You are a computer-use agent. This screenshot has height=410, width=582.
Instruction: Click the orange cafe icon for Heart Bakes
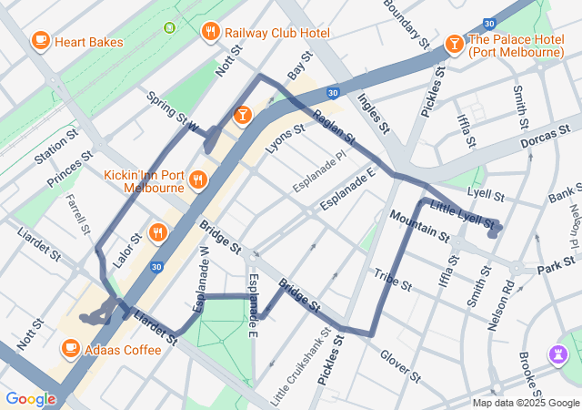[40, 41]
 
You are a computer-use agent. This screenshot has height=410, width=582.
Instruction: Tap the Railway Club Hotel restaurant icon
[211, 33]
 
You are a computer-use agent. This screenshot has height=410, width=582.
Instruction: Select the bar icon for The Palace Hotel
[454, 44]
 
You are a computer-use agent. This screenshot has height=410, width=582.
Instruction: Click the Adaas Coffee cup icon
[71, 348]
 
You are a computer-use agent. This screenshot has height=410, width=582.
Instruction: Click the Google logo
[30, 399]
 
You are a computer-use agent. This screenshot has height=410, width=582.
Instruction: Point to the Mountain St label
[419, 228]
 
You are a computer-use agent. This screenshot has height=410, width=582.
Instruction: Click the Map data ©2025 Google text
[526, 403]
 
